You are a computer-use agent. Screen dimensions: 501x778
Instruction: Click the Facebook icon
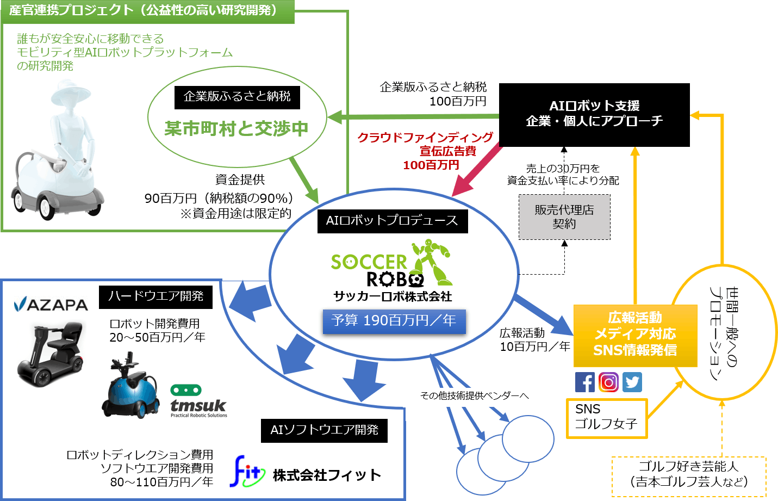point(585,382)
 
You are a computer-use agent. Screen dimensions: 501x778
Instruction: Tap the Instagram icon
point(608,382)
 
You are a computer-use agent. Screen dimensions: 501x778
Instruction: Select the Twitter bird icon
point(632,382)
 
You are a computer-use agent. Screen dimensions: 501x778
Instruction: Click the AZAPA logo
point(51,304)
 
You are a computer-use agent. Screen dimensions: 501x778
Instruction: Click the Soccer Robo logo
point(391,263)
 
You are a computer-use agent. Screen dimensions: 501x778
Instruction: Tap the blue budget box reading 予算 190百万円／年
point(394,321)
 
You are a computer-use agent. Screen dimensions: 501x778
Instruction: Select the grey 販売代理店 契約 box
point(564,217)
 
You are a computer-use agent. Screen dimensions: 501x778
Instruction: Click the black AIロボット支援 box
point(594,114)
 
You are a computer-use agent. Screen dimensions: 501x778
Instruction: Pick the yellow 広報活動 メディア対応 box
point(635,335)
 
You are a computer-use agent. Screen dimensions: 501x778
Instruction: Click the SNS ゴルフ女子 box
point(606,418)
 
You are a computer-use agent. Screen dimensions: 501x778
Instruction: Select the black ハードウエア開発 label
point(155,296)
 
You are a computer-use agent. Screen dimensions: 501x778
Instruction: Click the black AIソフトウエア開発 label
point(324,430)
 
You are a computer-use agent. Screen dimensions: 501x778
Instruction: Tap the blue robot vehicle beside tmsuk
point(130,388)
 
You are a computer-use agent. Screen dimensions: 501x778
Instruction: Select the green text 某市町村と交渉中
point(236,129)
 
